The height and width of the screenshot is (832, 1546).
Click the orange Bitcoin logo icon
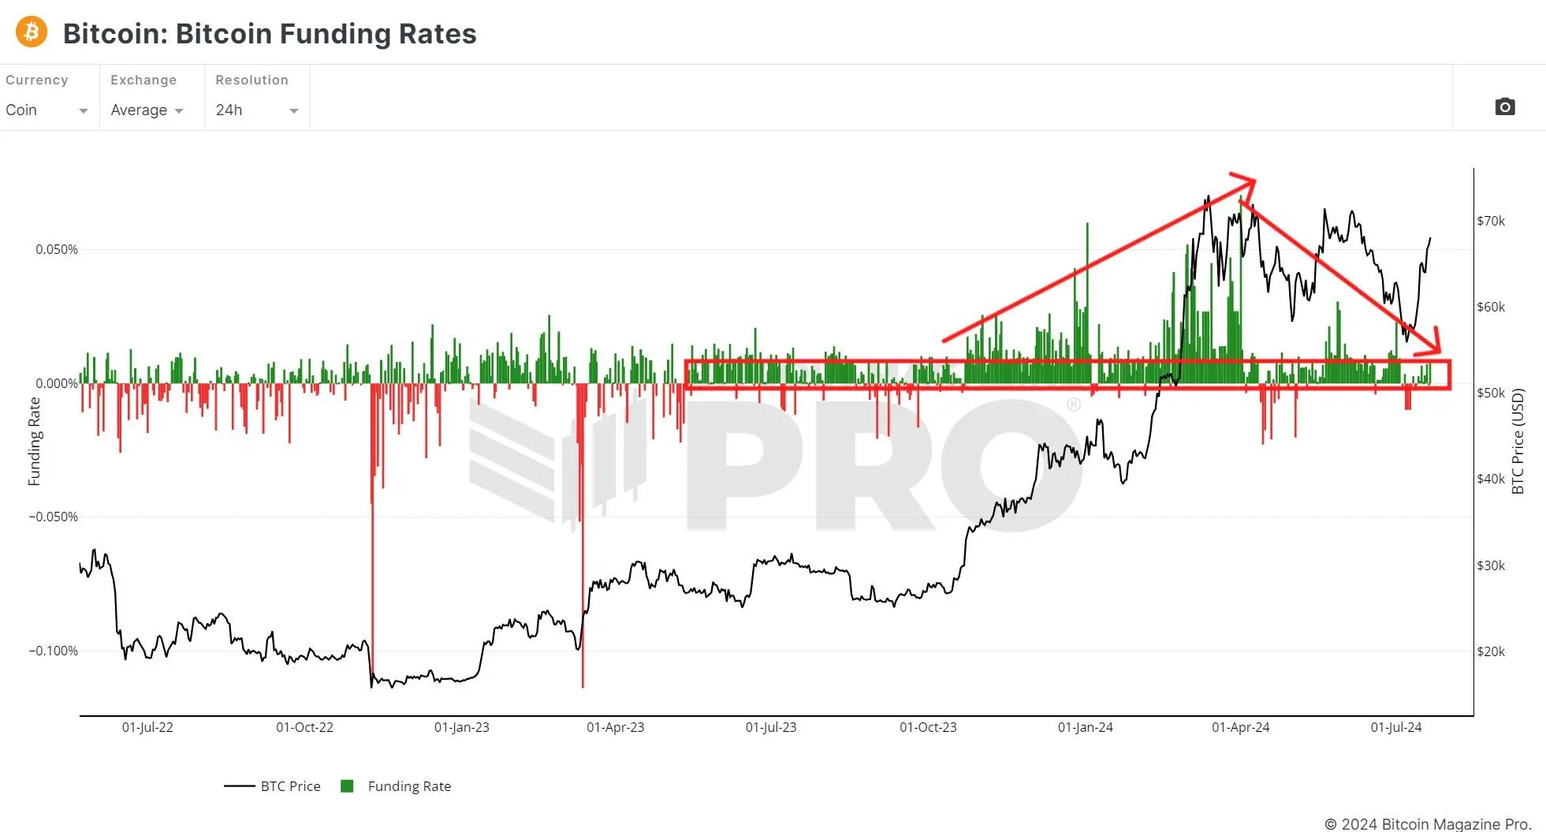pos(32,32)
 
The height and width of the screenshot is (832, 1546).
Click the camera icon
pos(1504,106)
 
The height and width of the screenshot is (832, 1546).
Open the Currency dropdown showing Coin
pos(47,110)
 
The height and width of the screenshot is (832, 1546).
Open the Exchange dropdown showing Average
pos(147,110)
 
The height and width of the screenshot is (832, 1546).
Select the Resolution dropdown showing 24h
pos(256,110)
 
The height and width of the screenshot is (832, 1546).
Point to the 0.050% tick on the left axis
pos(57,249)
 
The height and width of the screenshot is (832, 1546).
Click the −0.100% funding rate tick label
pos(54,651)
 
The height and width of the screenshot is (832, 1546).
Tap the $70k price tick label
pos(1491,221)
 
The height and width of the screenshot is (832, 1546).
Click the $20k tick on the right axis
pos(1491,651)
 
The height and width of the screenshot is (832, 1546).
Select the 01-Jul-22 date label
pos(147,727)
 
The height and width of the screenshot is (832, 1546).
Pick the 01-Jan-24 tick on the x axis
pos(1085,727)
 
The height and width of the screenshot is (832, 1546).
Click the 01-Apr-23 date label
pos(615,727)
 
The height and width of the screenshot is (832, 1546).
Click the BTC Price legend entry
pos(290,786)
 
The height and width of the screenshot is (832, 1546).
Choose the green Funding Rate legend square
pos(347,786)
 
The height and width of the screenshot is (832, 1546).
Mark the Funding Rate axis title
pos(35,441)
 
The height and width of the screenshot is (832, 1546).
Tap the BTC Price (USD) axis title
pos(1518,441)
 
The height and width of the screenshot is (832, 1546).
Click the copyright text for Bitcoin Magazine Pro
pos(1428,823)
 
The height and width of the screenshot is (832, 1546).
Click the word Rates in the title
pos(438,34)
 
